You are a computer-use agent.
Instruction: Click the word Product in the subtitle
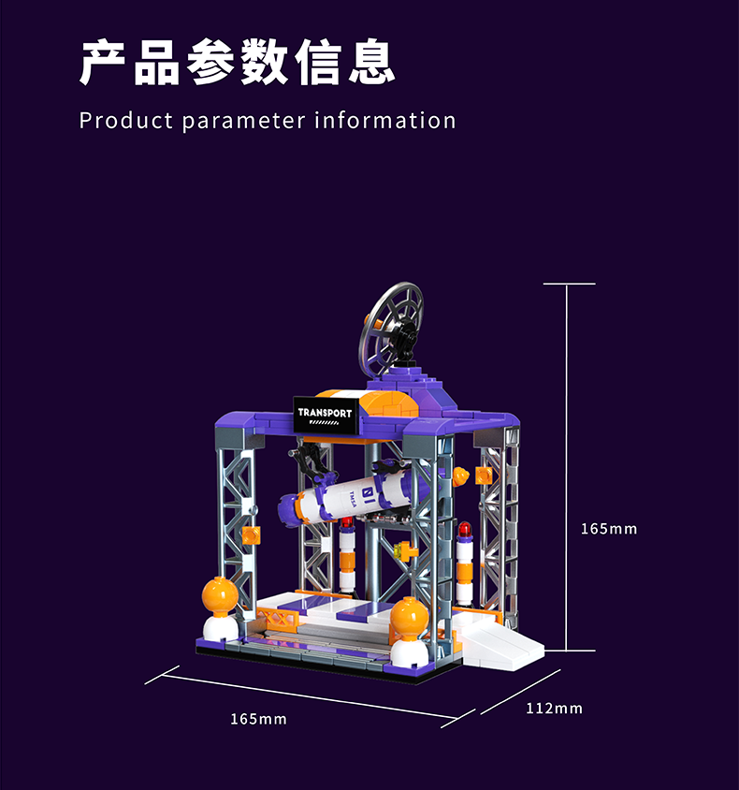126,121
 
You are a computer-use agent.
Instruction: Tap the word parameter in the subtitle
243,122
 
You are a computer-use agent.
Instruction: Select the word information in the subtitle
385,121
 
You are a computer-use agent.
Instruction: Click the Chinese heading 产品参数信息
237,62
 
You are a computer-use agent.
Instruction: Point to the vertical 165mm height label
609,529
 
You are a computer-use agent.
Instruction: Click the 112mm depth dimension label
554,709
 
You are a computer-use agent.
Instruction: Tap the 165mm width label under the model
258,719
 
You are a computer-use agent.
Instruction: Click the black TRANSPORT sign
326,414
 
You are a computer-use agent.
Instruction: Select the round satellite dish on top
391,328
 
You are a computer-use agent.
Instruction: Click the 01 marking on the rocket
367,490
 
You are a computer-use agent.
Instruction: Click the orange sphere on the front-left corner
220,595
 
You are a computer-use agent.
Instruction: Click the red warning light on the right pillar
464,530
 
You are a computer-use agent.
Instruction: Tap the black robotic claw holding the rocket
313,463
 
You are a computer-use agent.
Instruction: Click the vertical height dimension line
567,467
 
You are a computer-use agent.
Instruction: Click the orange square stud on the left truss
252,534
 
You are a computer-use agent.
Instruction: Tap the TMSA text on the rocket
353,500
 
